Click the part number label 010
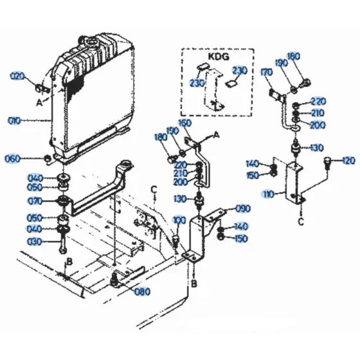[15, 120]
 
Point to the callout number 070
[34, 202]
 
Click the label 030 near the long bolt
[34, 241]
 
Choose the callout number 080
[143, 291]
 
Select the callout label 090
[243, 208]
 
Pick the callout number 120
[348, 159]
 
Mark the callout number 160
[184, 123]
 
